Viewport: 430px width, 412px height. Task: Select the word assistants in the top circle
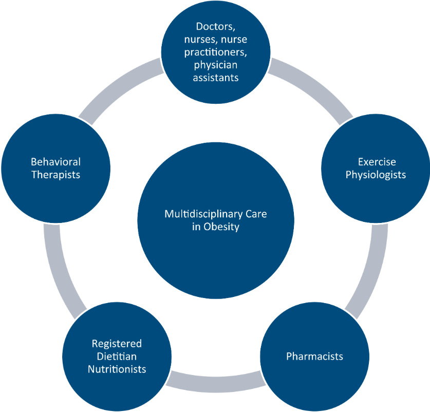pos(215,78)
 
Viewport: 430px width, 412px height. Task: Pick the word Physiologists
pos(376,175)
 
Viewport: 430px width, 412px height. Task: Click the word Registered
pos(117,343)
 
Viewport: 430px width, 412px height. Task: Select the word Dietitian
pos(117,356)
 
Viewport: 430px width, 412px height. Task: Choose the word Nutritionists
pos(117,369)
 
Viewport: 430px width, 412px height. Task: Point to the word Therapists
pos(55,175)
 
